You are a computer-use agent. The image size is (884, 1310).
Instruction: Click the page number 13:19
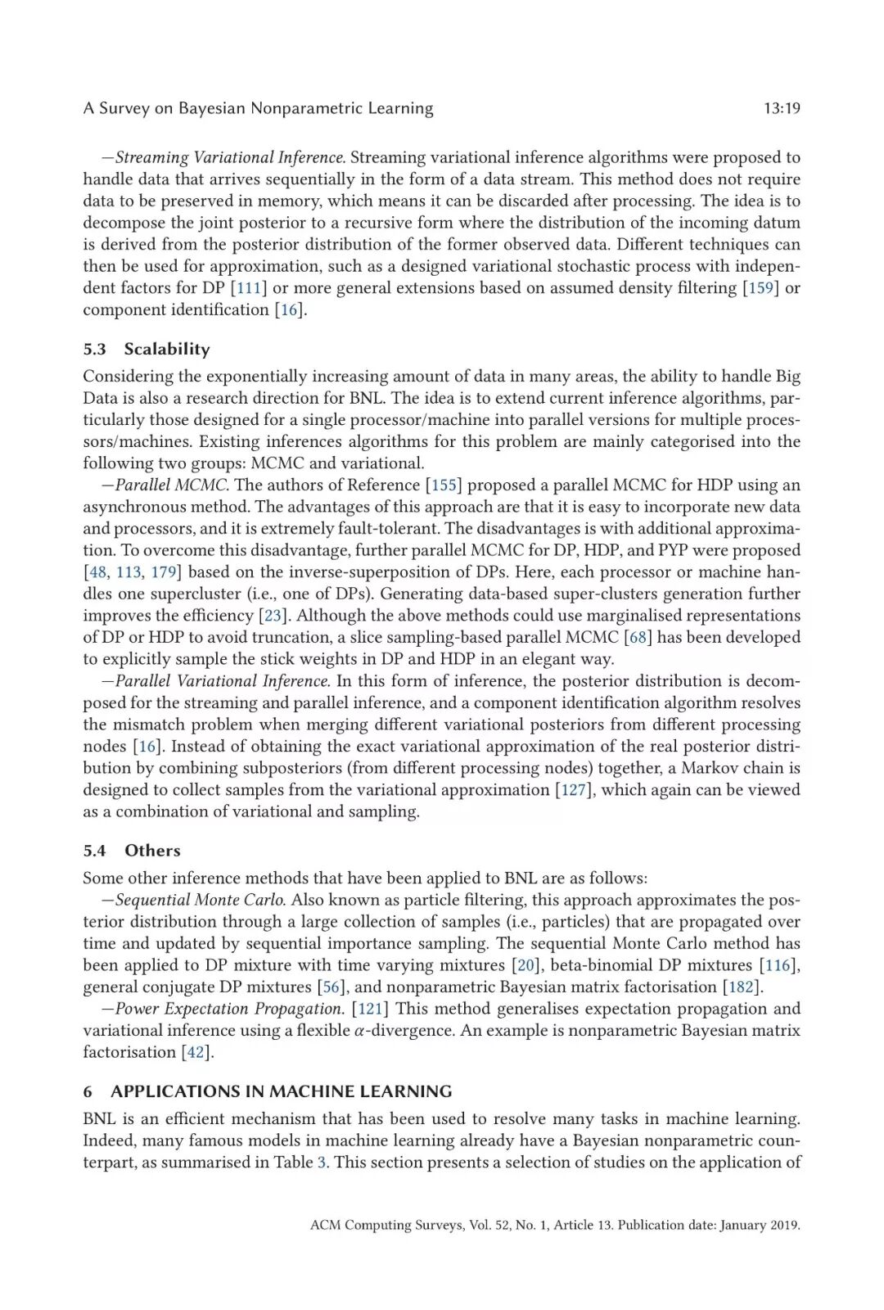781,108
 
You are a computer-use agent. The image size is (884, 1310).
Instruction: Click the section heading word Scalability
167,349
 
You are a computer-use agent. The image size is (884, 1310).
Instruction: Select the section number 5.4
94,851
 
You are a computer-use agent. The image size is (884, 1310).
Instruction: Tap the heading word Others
152,851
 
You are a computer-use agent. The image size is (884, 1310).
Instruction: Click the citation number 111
249,288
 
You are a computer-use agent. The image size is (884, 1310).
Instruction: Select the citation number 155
444,486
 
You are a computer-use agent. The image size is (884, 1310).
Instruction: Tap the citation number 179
164,572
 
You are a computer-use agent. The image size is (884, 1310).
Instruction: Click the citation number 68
638,638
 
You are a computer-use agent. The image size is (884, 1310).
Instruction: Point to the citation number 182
741,987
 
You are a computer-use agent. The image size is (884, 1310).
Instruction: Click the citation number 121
370,1009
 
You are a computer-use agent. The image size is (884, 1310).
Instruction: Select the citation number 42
196,1052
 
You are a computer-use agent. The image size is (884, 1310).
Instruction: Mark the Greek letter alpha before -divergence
359,1032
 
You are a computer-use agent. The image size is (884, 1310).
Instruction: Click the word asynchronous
133,507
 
